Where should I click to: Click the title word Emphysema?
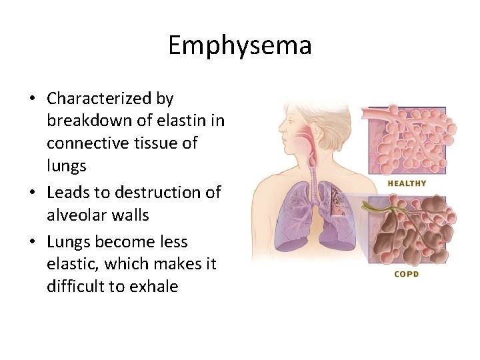(x=239, y=46)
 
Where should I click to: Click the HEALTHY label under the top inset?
(x=407, y=183)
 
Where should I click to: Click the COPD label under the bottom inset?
(x=406, y=274)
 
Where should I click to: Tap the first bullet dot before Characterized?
(x=32, y=99)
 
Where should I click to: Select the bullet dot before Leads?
(x=32, y=193)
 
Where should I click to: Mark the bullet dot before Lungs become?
(x=32, y=242)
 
